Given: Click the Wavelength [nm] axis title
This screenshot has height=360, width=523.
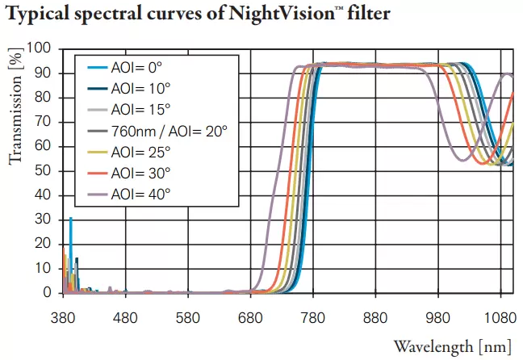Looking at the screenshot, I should (452, 347).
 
